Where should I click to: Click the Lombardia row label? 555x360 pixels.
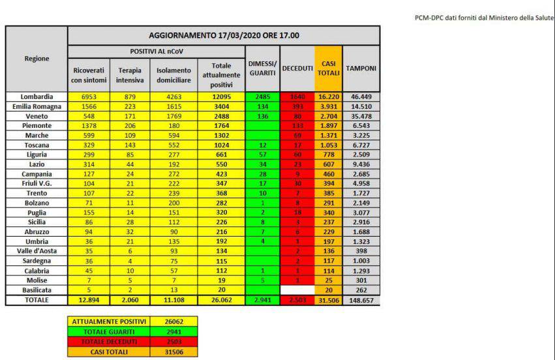(36, 96)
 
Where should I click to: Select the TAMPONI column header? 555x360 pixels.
(361, 68)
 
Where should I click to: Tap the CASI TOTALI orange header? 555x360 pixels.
(327, 68)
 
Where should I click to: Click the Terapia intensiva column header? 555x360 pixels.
(130, 75)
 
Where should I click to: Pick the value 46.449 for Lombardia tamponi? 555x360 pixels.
(361, 96)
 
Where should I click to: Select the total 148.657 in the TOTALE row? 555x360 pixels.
(361, 300)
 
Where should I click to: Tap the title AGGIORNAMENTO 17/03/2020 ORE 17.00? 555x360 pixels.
(224, 35)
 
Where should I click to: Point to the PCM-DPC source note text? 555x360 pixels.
(483, 18)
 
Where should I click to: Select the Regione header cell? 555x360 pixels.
(36, 59)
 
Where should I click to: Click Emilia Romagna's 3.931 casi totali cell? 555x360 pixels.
(327, 106)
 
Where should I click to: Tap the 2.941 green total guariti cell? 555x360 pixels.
(263, 300)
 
